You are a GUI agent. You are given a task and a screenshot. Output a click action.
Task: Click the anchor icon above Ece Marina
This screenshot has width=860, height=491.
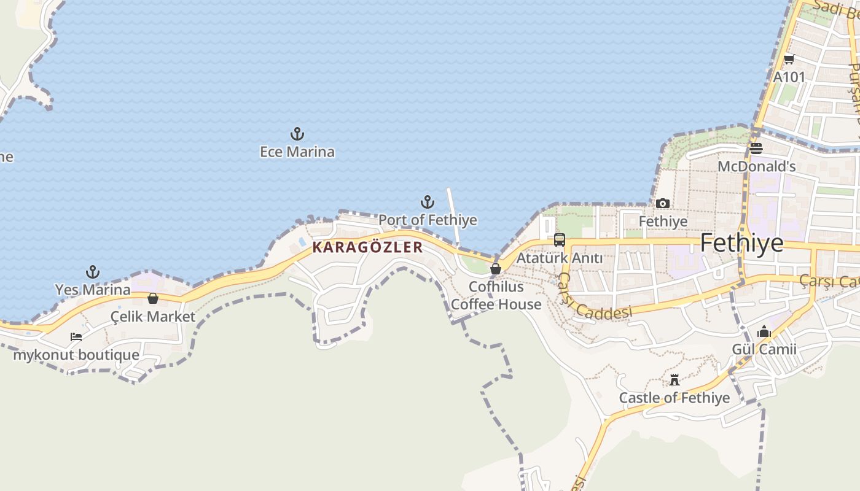pos(297,134)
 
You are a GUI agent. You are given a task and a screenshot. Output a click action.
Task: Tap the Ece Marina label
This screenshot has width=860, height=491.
pos(297,152)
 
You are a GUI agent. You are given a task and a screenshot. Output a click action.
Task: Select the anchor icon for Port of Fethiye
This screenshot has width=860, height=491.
pos(428,202)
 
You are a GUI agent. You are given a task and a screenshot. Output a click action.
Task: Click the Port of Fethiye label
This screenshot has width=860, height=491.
pos(428,220)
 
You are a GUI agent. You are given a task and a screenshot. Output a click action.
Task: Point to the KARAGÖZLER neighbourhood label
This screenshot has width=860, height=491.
pos(367,247)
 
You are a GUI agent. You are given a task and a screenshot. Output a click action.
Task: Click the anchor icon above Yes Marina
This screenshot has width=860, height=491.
pos(93,272)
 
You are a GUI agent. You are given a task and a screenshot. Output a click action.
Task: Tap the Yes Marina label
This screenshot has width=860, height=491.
pos(93,290)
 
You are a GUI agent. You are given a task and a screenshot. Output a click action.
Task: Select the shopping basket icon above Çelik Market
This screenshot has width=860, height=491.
pos(153,299)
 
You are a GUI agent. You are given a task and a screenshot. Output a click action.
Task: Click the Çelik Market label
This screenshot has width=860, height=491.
pos(153,317)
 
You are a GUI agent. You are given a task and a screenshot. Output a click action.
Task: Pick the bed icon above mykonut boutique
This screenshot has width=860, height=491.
pos(76,337)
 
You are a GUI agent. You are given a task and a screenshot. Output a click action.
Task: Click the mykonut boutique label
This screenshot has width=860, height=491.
pos(76,355)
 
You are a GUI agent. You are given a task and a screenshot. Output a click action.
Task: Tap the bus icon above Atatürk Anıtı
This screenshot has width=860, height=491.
pos(559,240)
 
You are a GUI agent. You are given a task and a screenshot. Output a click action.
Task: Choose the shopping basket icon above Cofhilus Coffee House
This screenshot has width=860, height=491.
pos(496,269)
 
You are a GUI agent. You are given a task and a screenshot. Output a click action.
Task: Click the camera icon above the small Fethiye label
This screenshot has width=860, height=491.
pos(663,203)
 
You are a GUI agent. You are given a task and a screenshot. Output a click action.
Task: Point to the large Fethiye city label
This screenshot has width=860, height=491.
pos(741,244)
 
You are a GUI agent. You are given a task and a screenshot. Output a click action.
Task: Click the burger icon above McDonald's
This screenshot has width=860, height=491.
pos(756,149)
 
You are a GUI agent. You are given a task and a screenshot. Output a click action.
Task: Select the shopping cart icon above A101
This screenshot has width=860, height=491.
pos(789,60)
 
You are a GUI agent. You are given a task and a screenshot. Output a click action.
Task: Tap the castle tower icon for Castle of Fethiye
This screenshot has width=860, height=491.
pos(674,380)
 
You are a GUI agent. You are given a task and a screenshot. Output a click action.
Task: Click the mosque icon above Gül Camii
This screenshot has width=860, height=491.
pos(764,331)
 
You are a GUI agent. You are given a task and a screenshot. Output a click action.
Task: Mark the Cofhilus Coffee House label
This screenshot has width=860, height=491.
pos(496,295)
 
